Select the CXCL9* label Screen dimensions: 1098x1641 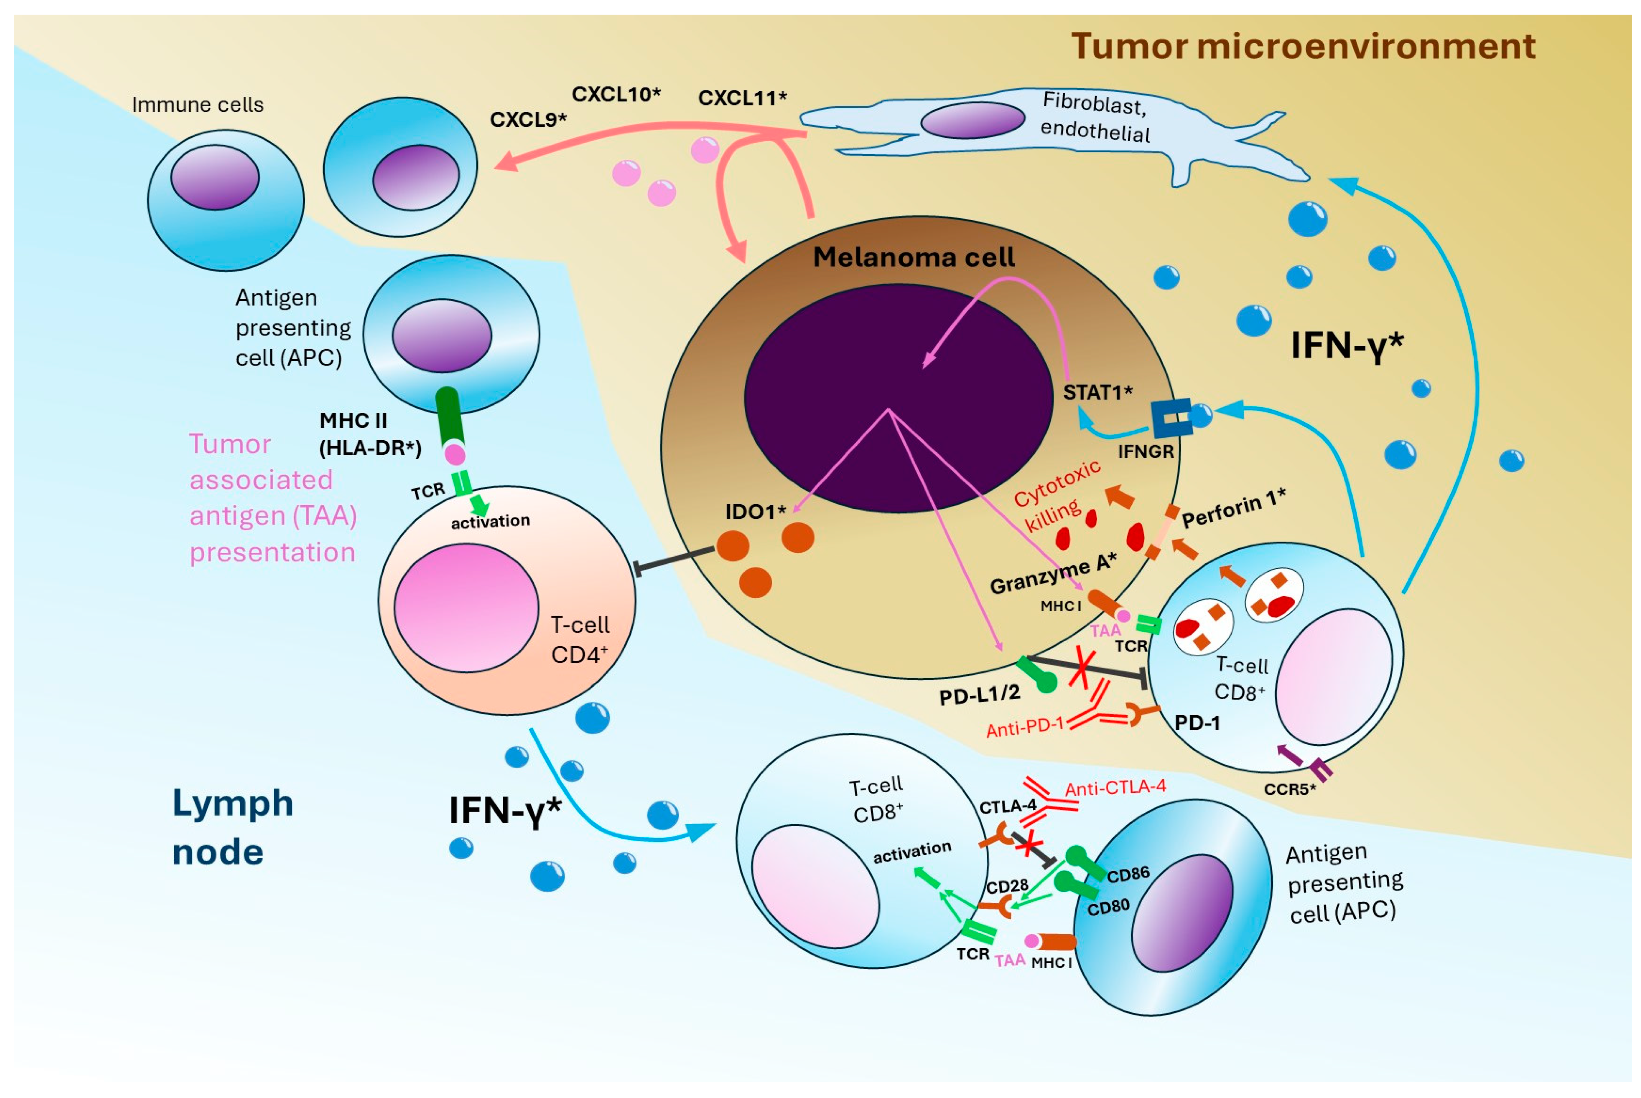pyautogui.click(x=528, y=120)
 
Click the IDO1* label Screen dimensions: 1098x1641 pyautogui.click(x=755, y=512)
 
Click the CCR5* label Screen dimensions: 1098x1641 pyautogui.click(x=1289, y=789)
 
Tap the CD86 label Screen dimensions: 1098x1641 pyautogui.click(x=1128, y=874)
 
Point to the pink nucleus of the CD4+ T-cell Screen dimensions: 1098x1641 pyautogui.click(x=466, y=608)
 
